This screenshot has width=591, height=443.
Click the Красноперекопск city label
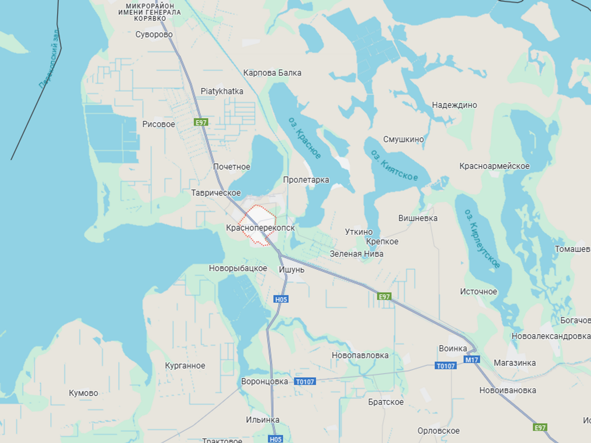(261, 228)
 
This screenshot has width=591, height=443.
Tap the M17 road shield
(471, 359)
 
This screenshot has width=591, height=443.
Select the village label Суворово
(154, 34)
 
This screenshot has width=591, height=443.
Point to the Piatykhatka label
(222, 92)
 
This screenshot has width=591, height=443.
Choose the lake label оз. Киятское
(394, 165)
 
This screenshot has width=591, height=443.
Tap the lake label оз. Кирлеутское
(483, 238)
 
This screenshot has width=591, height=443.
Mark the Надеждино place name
(455, 105)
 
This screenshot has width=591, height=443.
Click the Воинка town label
(453, 348)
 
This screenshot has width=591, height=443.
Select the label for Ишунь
(292, 270)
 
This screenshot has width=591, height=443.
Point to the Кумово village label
(83, 393)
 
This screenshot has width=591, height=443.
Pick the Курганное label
(185, 366)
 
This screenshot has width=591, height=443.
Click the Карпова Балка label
(272, 73)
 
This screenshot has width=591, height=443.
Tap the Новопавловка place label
(360, 355)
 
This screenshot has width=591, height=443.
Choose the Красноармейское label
(494, 166)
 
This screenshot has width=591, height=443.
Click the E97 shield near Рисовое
(201, 122)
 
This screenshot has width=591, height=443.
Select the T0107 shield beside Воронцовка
(305, 381)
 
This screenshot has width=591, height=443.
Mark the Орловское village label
(438, 431)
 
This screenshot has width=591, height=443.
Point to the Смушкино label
(404, 139)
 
